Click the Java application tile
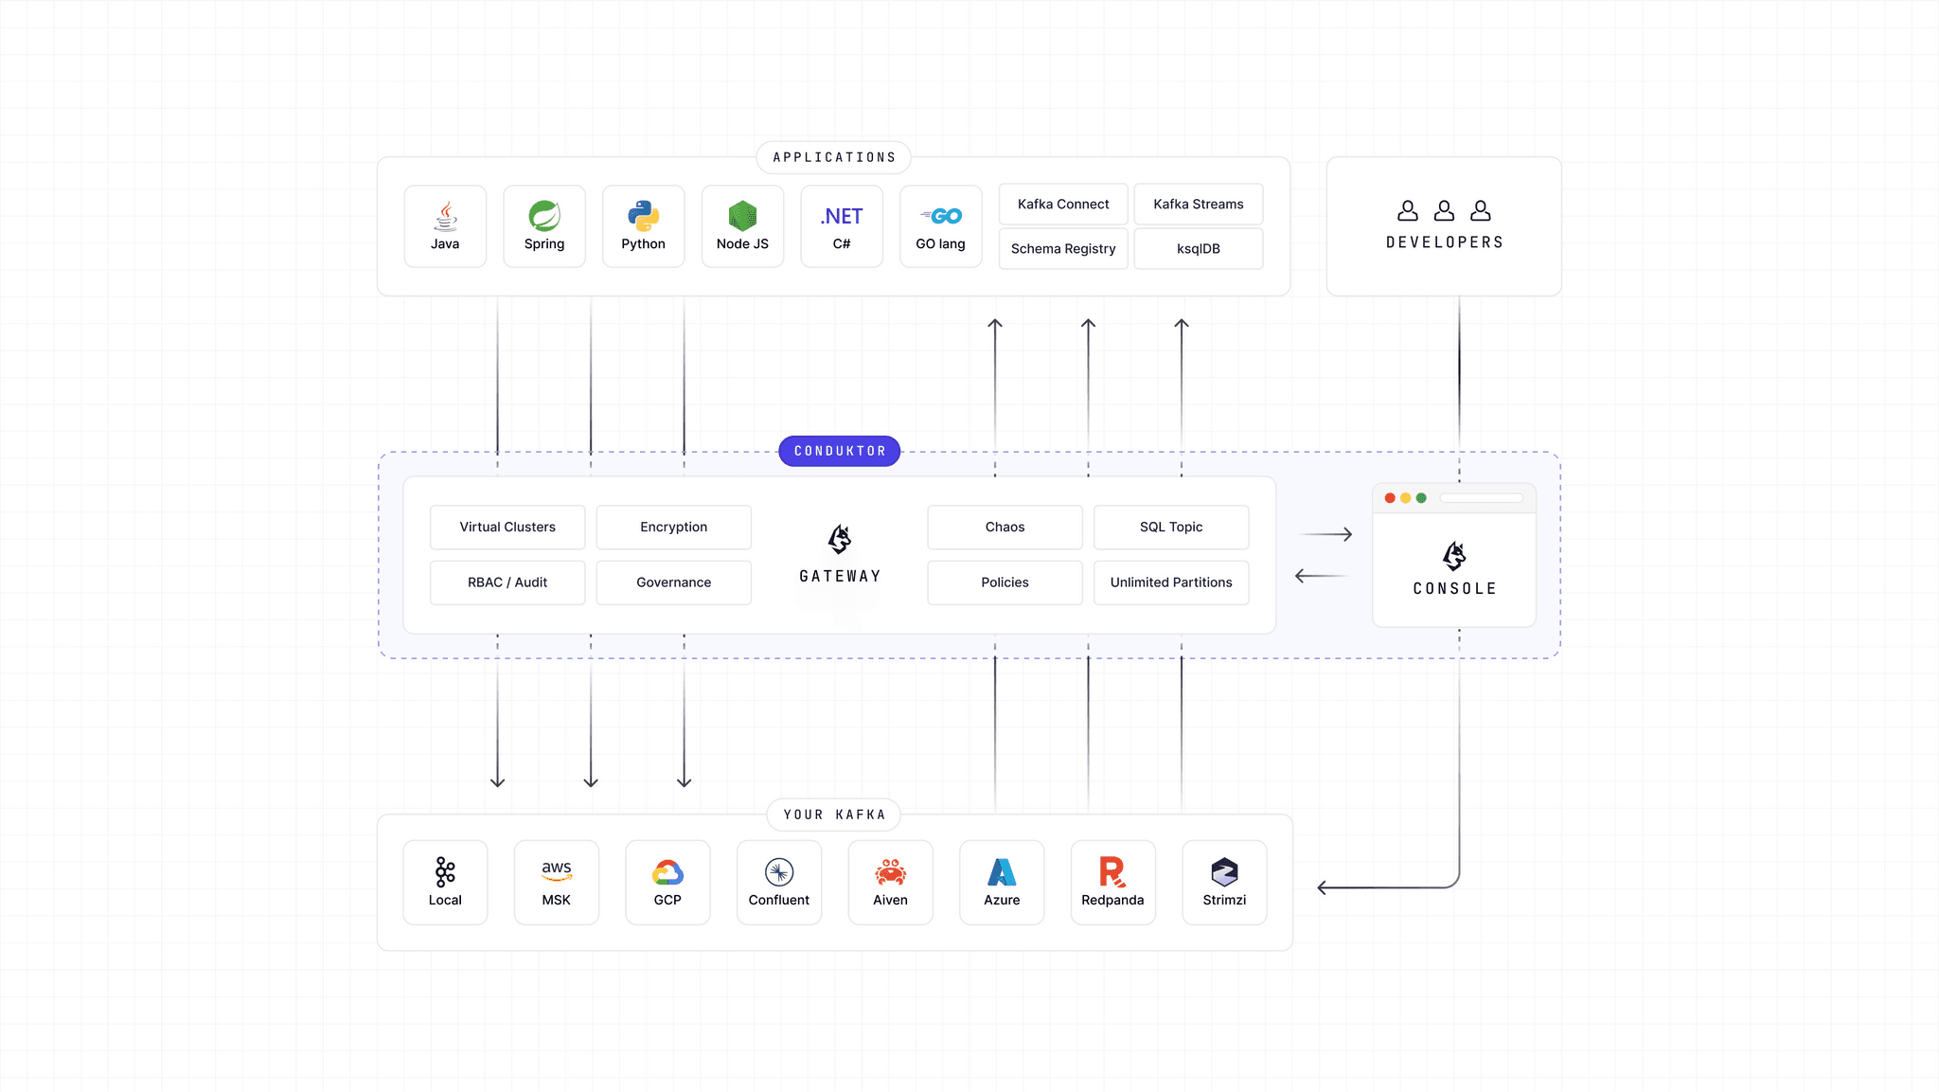tap(445, 226)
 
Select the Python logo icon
tap(643, 216)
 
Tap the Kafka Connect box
tap(1062, 204)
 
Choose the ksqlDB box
tap(1198, 248)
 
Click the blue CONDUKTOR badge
tap(839, 451)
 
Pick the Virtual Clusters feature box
tap(507, 527)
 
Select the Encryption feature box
tap(673, 527)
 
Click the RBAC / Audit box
tap(507, 582)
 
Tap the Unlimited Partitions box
tap(1170, 582)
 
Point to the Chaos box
tap(1005, 527)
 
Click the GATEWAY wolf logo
tap(840, 540)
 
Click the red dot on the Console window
tap(1390, 498)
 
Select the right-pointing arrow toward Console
tap(1325, 535)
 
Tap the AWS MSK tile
tap(556, 882)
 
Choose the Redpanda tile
tap(1112, 882)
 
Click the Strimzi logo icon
tap(1224, 871)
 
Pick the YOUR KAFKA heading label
tap(833, 815)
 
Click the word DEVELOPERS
tap(1444, 242)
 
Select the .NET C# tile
tap(841, 226)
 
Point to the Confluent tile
tap(778, 882)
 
